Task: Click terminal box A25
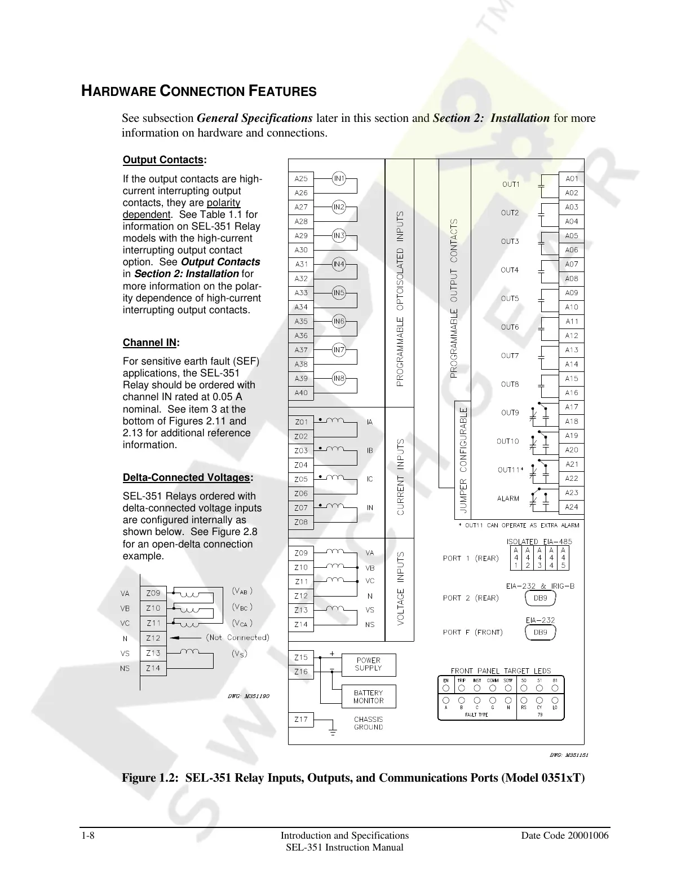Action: [x=301, y=178]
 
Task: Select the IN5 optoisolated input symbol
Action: [x=338, y=292]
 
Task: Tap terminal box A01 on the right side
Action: [x=572, y=178]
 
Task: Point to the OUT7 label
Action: [x=510, y=356]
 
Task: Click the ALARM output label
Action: [x=508, y=498]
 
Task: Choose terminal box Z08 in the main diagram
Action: [x=301, y=522]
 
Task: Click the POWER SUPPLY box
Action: [x=368, y=664]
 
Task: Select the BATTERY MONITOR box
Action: [x=368, y=696]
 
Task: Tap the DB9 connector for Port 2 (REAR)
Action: [x=540, y=598]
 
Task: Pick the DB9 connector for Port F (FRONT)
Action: [x=540, y=632]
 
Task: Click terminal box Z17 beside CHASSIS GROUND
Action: [x=301, y=719]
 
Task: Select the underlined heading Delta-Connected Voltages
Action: [x=187, y=477]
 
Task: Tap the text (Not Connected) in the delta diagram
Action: [x=237, y=637]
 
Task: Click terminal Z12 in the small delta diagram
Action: [x=153, y=638]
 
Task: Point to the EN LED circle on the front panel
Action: [x=446, y=688]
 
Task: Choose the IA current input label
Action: [x=370, y=422]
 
